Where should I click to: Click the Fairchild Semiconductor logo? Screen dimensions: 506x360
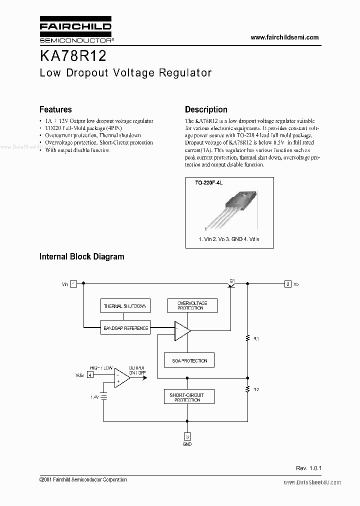(75, 30)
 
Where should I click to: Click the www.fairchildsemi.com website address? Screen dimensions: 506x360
(284, 37)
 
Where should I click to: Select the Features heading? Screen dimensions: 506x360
(55, 109)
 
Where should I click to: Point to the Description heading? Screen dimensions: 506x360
(206, 109)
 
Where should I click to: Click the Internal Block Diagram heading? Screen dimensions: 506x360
(81, 256)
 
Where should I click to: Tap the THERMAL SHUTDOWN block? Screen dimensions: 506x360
(125, 306)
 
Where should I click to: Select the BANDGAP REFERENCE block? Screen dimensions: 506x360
(125, 328)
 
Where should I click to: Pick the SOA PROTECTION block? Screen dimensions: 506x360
(189, 360)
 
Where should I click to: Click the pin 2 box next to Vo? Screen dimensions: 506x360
(287, 284)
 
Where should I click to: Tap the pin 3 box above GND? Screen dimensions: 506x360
(187, 435)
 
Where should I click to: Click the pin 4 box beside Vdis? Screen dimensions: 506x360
(90, 374)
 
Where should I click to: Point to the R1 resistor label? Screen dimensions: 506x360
(256, 339)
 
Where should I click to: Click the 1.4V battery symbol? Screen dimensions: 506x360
(104, 396)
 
